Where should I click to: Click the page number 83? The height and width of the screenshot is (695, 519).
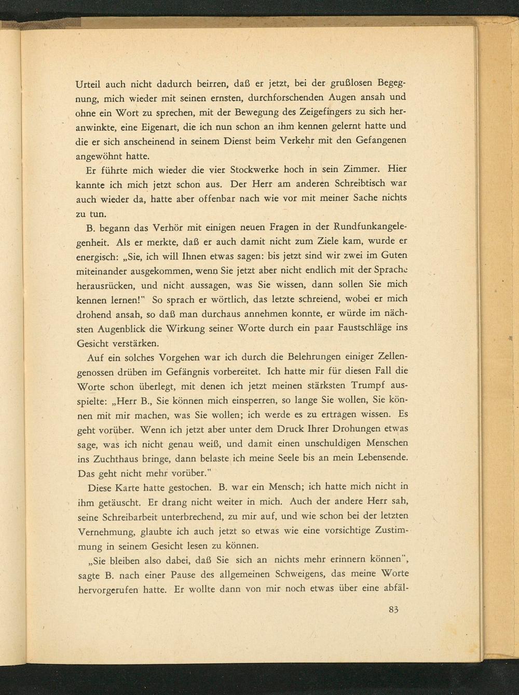(392, 610)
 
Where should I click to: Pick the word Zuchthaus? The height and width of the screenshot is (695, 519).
(115, 459)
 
